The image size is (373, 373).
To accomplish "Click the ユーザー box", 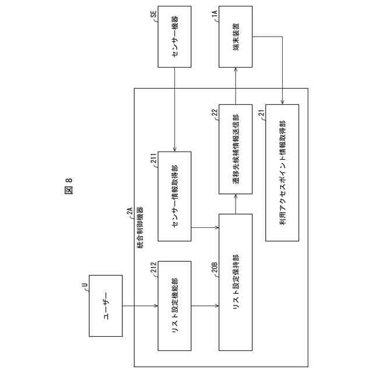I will point(106,315).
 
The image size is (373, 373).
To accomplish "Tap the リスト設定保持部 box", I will point(235,282).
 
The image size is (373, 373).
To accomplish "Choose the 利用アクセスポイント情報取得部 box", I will point(282,172).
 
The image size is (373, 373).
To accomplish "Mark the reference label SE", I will point(153,14).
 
